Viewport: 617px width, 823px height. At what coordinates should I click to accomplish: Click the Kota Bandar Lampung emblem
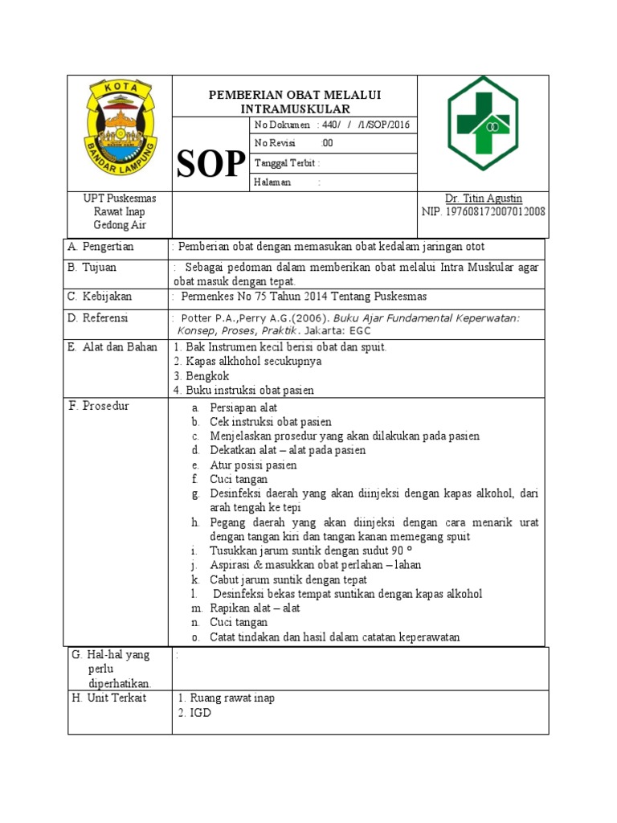pyautogui.click(x=120, y=132)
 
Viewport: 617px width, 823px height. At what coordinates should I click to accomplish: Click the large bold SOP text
pyautogui.click(x=210, y=164)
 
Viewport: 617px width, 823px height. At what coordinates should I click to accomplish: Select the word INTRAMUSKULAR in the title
pyautogui.click(x=295, y=109)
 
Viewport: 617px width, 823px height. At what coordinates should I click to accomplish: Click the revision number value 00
pyautogui.click(x=327, y=144)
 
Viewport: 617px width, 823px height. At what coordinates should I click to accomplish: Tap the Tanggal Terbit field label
pyautogui.click(x=285, y=163)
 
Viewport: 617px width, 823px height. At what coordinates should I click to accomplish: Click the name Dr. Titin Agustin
pyautogui.click(x=483, y=199)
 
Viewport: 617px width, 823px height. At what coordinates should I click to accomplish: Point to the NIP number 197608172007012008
pyautogui.click(x=483, y=212)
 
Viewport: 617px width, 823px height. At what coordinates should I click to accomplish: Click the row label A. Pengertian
pyautogui.click(x=101, y=247)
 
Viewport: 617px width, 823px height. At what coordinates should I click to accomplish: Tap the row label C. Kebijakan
pyautogui.click(x=100, y=297)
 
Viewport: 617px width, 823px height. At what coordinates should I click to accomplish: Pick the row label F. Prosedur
pyautogui.click(x=100, y=406)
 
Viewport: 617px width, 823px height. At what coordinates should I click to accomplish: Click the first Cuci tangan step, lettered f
pyautogui.click(x=239, y=480)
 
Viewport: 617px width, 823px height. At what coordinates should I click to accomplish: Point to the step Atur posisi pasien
pyautogui.click(x=253, y=465)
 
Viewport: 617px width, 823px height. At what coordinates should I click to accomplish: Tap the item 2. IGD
pyautogui.click(x=194, y=713)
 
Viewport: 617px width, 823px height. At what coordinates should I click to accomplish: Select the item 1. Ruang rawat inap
pyautogui.click(x=227, y=698)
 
